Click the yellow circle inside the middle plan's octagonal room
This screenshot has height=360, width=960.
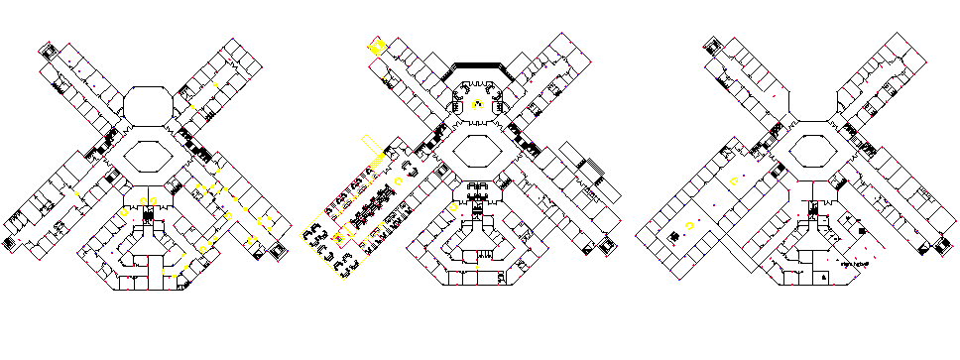click(477, 103)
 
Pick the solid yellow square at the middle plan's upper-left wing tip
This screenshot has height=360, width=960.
click(376, 45)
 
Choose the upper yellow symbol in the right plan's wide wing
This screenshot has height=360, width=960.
click(734, 180)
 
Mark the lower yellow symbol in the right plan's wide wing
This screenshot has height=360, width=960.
click(689, 226)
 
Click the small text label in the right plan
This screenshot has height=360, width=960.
click(854, 265)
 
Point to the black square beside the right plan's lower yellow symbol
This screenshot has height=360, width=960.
click(672, 236)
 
